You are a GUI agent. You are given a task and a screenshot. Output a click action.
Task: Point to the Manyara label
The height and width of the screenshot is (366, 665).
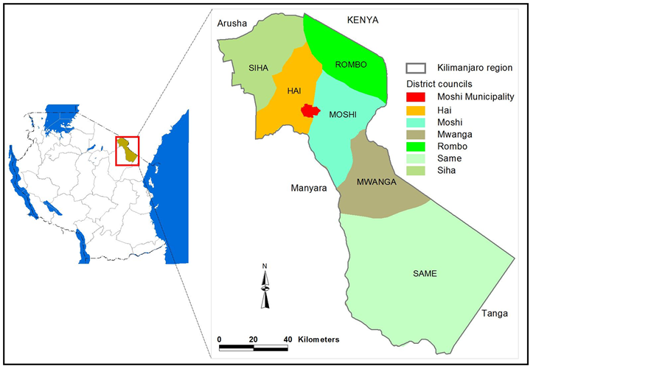[x=308, y=189]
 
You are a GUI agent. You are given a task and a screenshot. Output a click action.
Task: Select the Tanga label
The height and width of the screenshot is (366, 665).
[x=494, y=314]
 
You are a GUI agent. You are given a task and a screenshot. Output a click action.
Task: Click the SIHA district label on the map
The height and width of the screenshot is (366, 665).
[x=258, y=68]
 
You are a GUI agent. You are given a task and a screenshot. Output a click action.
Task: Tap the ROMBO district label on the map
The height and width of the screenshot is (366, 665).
[x=350, y=65]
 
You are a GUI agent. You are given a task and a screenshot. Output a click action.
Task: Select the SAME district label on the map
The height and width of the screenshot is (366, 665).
[x=425, y=274]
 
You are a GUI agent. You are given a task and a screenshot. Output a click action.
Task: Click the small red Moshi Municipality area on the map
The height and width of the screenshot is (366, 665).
[x=310, y=110]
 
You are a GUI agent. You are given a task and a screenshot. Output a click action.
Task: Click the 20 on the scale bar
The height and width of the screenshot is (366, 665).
[x=254, y=339]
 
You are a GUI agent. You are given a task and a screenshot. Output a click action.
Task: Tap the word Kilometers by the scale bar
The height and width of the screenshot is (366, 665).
[x=318, y=339]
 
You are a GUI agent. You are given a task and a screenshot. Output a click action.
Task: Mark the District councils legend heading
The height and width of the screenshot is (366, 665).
[x=439, y=84]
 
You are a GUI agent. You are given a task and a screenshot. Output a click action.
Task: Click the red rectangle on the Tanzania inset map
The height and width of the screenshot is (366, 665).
[x=128, y=150]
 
